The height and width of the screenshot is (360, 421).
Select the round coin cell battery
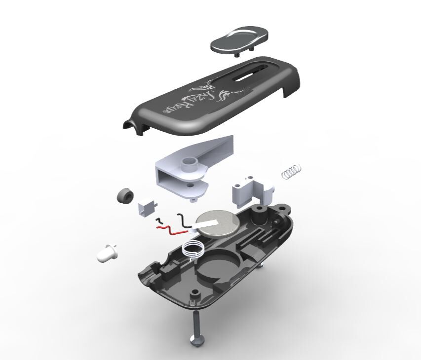click(x=219, y=222)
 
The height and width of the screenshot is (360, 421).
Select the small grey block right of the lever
click(x=251, y=192)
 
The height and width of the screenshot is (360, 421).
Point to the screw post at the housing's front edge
click(x=194, y=295)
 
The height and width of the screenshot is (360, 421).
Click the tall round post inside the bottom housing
click(x=258, y=213)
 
